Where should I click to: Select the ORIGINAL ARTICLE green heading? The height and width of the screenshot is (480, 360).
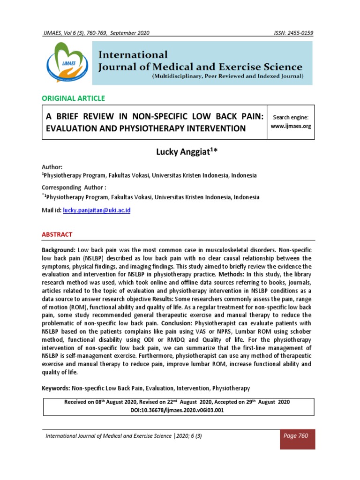pos(74,98)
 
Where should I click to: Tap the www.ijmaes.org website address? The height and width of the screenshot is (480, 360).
pos(292,127)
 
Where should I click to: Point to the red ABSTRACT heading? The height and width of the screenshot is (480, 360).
pos(57,234)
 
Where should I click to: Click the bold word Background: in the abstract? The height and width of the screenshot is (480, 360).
pos(59,251)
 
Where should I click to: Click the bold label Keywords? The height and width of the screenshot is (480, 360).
pos(56,388)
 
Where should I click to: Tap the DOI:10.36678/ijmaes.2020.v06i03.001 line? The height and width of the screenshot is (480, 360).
pos(180,410)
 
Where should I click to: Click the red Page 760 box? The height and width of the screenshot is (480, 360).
pos(297,436)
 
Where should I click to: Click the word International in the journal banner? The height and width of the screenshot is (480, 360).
pos(133,55)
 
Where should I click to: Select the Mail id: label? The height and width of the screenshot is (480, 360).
pos(52,210)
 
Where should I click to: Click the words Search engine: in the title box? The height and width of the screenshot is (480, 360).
pos(292,117)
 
